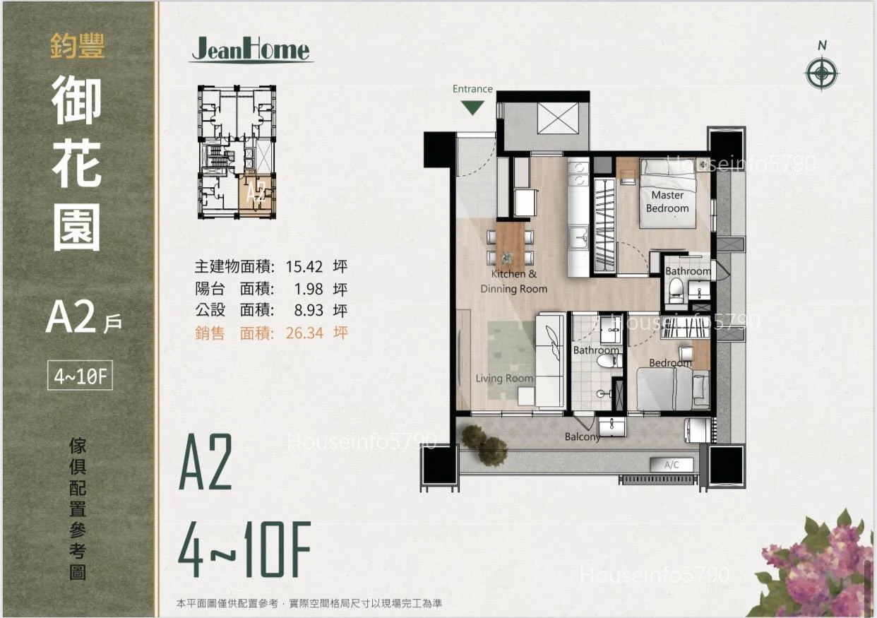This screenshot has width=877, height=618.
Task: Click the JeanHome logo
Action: pos(251,49)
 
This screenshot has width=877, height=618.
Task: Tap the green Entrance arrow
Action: pos(472,107)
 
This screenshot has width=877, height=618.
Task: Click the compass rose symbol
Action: pos(822,73)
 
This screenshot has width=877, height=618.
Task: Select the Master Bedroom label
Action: pos(667,201)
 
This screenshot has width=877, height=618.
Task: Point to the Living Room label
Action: pos(504,379)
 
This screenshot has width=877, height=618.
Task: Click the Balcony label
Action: pos(582,436)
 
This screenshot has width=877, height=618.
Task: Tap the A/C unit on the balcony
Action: pos(672,465)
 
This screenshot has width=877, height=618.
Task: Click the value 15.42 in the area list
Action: pos(304,267)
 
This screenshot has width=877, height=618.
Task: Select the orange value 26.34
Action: pos(304,333)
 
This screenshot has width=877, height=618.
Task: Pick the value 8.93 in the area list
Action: pos(309,311)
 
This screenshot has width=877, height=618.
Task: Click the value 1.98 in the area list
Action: pos(309,289)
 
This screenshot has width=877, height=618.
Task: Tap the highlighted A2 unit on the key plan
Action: pos(257,194)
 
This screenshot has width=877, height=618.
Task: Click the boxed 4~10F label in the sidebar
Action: pos(80,376)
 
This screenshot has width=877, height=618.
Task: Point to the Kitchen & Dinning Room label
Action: pos(513,282)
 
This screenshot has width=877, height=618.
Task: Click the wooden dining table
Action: pos(510,246)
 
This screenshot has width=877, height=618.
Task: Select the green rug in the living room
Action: pos(512,360)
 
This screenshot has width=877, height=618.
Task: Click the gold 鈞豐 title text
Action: pos(78,47)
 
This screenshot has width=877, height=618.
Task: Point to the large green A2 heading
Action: pos(205,462)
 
